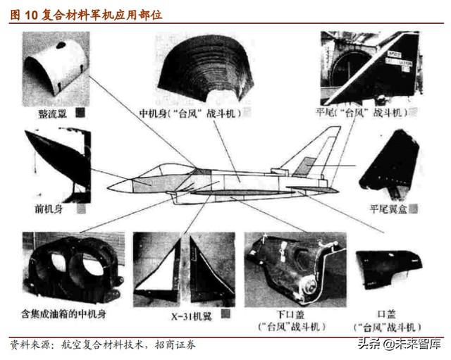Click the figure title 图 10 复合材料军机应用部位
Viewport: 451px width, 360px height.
point(85,13)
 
